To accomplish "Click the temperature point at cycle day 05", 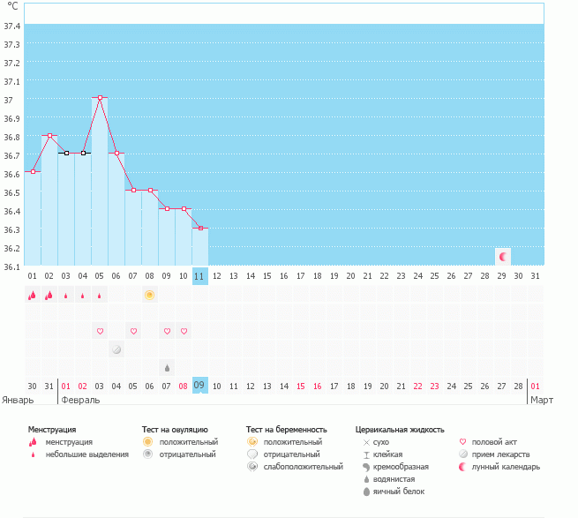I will [100, 97].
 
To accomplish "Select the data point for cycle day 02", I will [49, 136].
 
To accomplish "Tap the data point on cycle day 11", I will [200, 229].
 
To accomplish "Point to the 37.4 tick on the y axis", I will [12, 26].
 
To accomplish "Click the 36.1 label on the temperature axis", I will [12, 266].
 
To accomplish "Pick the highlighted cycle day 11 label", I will [200, 276].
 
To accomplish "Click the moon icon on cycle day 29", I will [503, 256].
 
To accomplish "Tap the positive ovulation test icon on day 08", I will [150, 295].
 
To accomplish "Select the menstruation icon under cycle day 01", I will [33, 296].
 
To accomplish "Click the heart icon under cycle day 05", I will [100, 331].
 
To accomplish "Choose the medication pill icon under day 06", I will [116, 349].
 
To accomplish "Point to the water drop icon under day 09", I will [167, 366].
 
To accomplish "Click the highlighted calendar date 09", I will [200, 386].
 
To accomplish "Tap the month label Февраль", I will [80, 400].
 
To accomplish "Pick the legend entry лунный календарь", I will [506, 467].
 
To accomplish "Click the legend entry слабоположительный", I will [302, 467].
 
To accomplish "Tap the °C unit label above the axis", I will [12, 6].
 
